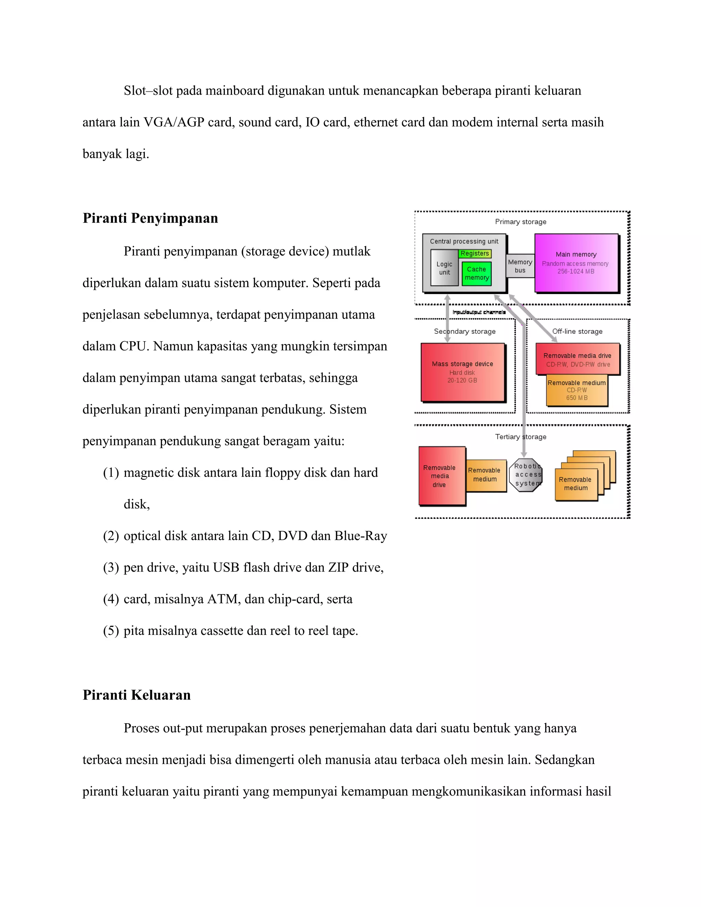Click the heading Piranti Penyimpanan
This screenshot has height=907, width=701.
(150, 218)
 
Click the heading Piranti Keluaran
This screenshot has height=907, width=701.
(136, 695)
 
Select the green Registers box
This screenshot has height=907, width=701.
(475, 253)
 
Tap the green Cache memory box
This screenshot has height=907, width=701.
(476, 273)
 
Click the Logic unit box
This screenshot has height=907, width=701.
(444, 268)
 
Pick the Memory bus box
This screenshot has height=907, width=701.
(520, 266)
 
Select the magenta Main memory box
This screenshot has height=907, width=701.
(576, 263)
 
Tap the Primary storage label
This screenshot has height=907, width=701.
(520, 222)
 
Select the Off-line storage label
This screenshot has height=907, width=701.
(577, 331)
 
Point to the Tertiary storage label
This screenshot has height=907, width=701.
(520, 437)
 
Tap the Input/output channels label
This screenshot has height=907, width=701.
(479, 312)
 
